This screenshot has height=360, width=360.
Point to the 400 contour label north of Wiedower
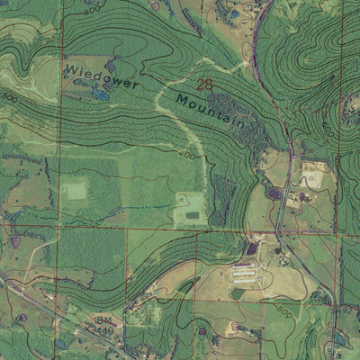[x=90, y=11]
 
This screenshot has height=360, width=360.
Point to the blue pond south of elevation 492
[x=340, y=339]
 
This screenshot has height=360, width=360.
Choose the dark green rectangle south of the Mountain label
[x=190, y=213]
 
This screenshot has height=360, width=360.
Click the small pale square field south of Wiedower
[x=76, y=190]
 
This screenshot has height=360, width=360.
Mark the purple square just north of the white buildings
[x=251, y=248]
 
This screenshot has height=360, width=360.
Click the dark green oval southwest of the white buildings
[x=238, y=293]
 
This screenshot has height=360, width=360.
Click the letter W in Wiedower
[x=69, y=67]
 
